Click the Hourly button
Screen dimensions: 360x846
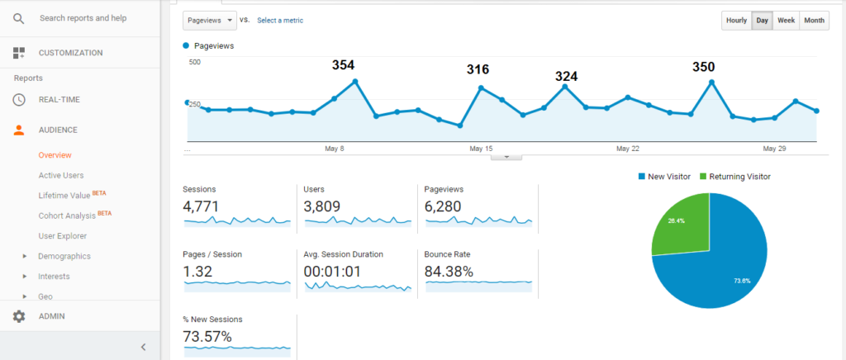(736, 21)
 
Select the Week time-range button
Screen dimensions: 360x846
(786, 21)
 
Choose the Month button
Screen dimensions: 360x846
(814, 21)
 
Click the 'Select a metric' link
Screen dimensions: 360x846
(280, 20)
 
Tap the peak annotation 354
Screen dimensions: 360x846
(344, 64)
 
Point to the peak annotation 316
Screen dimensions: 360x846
(478, 69)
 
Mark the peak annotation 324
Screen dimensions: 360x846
(566, 76)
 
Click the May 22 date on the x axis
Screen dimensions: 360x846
(628, 149)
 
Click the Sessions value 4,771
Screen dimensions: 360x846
(201, 206)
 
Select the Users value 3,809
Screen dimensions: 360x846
(322, 206)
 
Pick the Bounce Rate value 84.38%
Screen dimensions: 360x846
(449, 272)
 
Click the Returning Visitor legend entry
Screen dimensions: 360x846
(739, 176)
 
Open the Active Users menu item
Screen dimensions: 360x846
(61, 175)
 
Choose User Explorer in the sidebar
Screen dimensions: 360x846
(63, 235)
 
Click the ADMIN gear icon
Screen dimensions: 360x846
(19, 316)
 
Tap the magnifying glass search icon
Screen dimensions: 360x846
(19, 17)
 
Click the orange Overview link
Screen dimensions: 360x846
(55, 154)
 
